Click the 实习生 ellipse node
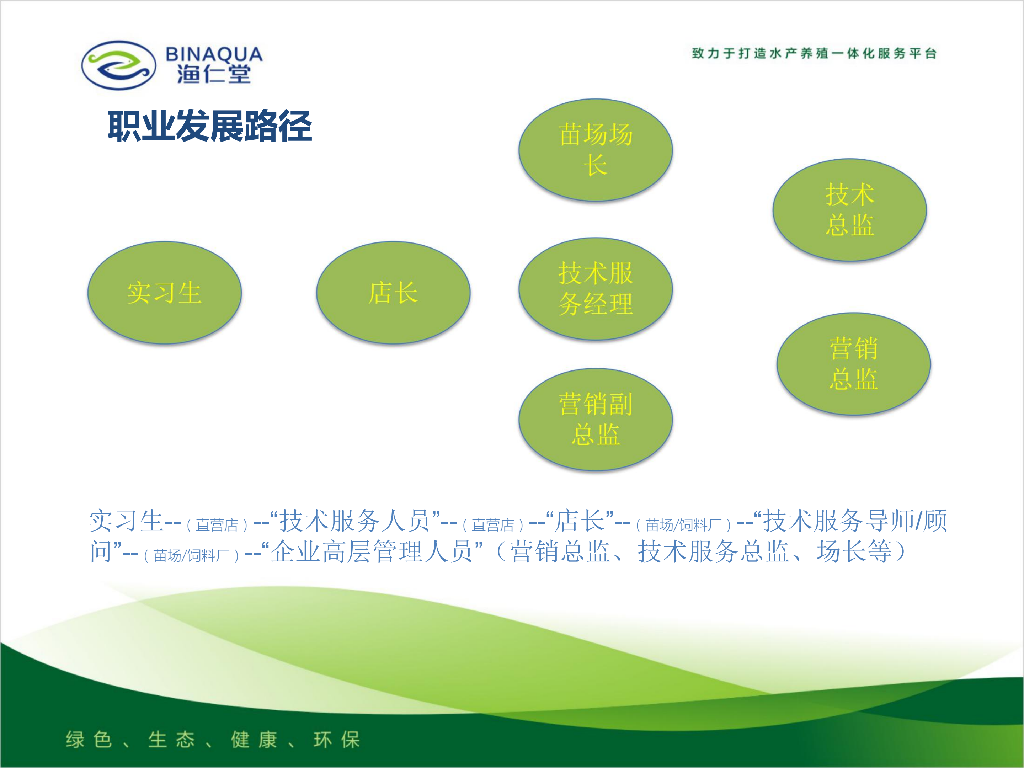pos(164,293)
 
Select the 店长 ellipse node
pos(393,293)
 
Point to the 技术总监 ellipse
pos(849,210)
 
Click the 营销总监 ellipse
pos(853,364)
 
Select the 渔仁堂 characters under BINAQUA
pos(214,74)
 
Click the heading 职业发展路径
pos(210,126)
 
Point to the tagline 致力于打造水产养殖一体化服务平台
pos(814,53)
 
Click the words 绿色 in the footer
pos(89,739)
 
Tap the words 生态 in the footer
pos(171,739)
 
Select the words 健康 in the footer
pos(254,739)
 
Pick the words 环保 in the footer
pos(337,739)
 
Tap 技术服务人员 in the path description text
pos(355,521)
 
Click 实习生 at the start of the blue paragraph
pos(126,521)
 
